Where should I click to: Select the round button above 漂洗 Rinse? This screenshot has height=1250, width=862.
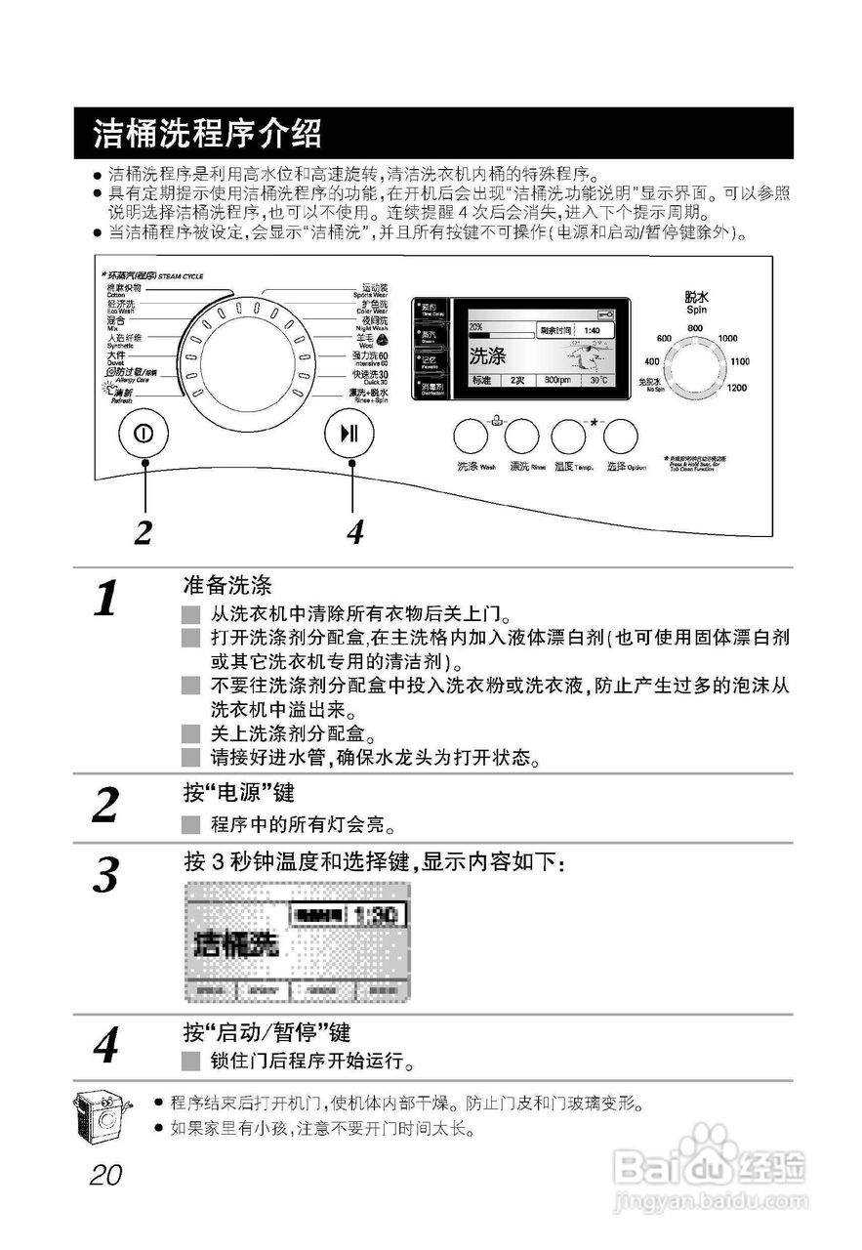pos(521,435)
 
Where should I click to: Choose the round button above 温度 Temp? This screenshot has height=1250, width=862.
pos(568,435)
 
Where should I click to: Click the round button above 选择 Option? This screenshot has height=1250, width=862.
pos(620,435)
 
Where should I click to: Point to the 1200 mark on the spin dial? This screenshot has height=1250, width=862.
pos(737,388)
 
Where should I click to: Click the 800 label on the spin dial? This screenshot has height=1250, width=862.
pos(695,327)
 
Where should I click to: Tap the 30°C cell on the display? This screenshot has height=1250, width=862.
pos(597,380)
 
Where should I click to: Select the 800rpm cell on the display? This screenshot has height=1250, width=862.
pos(557,380)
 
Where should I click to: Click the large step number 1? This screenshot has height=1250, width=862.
pos(105,598)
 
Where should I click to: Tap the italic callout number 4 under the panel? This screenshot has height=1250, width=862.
pos(355,532)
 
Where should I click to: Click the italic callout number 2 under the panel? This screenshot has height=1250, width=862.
pos(144,532)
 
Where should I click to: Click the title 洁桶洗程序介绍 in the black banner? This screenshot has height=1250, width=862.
pos(207,133)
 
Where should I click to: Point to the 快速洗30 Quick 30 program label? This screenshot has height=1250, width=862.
pos(370,376)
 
